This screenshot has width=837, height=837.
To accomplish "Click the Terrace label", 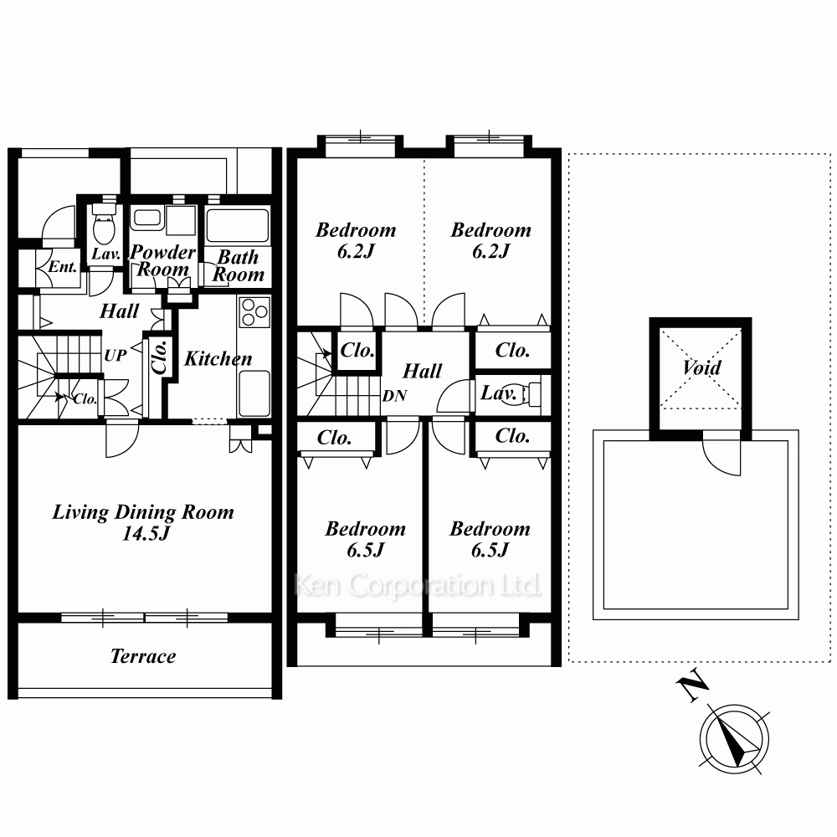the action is tap(143, 656).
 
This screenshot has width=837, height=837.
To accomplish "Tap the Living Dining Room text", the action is tap(143, 512).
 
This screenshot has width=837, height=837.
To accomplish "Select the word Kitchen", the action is tap(218, 359).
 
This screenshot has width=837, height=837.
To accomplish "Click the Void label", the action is tap(701, 367).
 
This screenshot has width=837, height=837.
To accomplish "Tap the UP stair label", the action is tap(116, 355).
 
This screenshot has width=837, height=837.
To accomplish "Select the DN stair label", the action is tap(394, 396).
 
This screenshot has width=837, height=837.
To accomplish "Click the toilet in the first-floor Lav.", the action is tap(104, 224).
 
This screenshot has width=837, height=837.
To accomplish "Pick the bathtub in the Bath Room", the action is tap(238, 225).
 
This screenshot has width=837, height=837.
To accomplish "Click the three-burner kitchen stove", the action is tap(254, 312).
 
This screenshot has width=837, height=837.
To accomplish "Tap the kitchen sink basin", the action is tap(254, 393).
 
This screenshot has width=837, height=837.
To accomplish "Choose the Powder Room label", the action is tap(163, 260).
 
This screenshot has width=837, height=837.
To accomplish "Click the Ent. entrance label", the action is tap(63, 266).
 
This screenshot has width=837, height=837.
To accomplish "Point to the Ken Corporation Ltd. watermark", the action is tap(418, 586).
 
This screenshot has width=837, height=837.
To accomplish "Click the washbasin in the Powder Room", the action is tap(147, 218).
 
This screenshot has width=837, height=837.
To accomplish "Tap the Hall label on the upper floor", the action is tap(422, 371).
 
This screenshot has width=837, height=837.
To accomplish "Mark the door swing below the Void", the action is tap(721, 453).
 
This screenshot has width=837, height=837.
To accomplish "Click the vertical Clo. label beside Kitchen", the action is tap(160, 357).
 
